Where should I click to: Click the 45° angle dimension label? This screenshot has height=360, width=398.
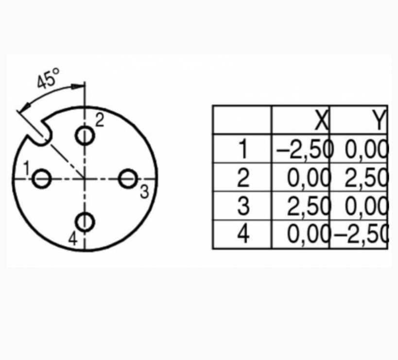tap(48, 78)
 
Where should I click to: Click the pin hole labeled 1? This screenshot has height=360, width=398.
tap(42, 179)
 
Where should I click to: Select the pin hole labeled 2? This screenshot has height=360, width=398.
tap(85, 135)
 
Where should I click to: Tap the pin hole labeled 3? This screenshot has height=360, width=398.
tap(128, 179)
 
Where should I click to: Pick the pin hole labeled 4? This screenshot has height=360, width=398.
tap(85, 222)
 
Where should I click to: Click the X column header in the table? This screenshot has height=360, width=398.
tap(321, 121)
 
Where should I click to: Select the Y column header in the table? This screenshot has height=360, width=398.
tap(379, 121)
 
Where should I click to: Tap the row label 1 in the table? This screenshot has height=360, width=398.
tap(243, 149)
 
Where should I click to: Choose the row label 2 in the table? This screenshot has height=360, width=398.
tap(243, 179)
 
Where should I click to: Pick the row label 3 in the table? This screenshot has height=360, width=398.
tap(243, 207)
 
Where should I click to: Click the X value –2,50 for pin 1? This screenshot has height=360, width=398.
tap(304, 149)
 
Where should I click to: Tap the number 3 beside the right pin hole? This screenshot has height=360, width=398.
tap(144, 192)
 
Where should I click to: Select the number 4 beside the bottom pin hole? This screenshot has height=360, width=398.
tap(73, 238)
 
